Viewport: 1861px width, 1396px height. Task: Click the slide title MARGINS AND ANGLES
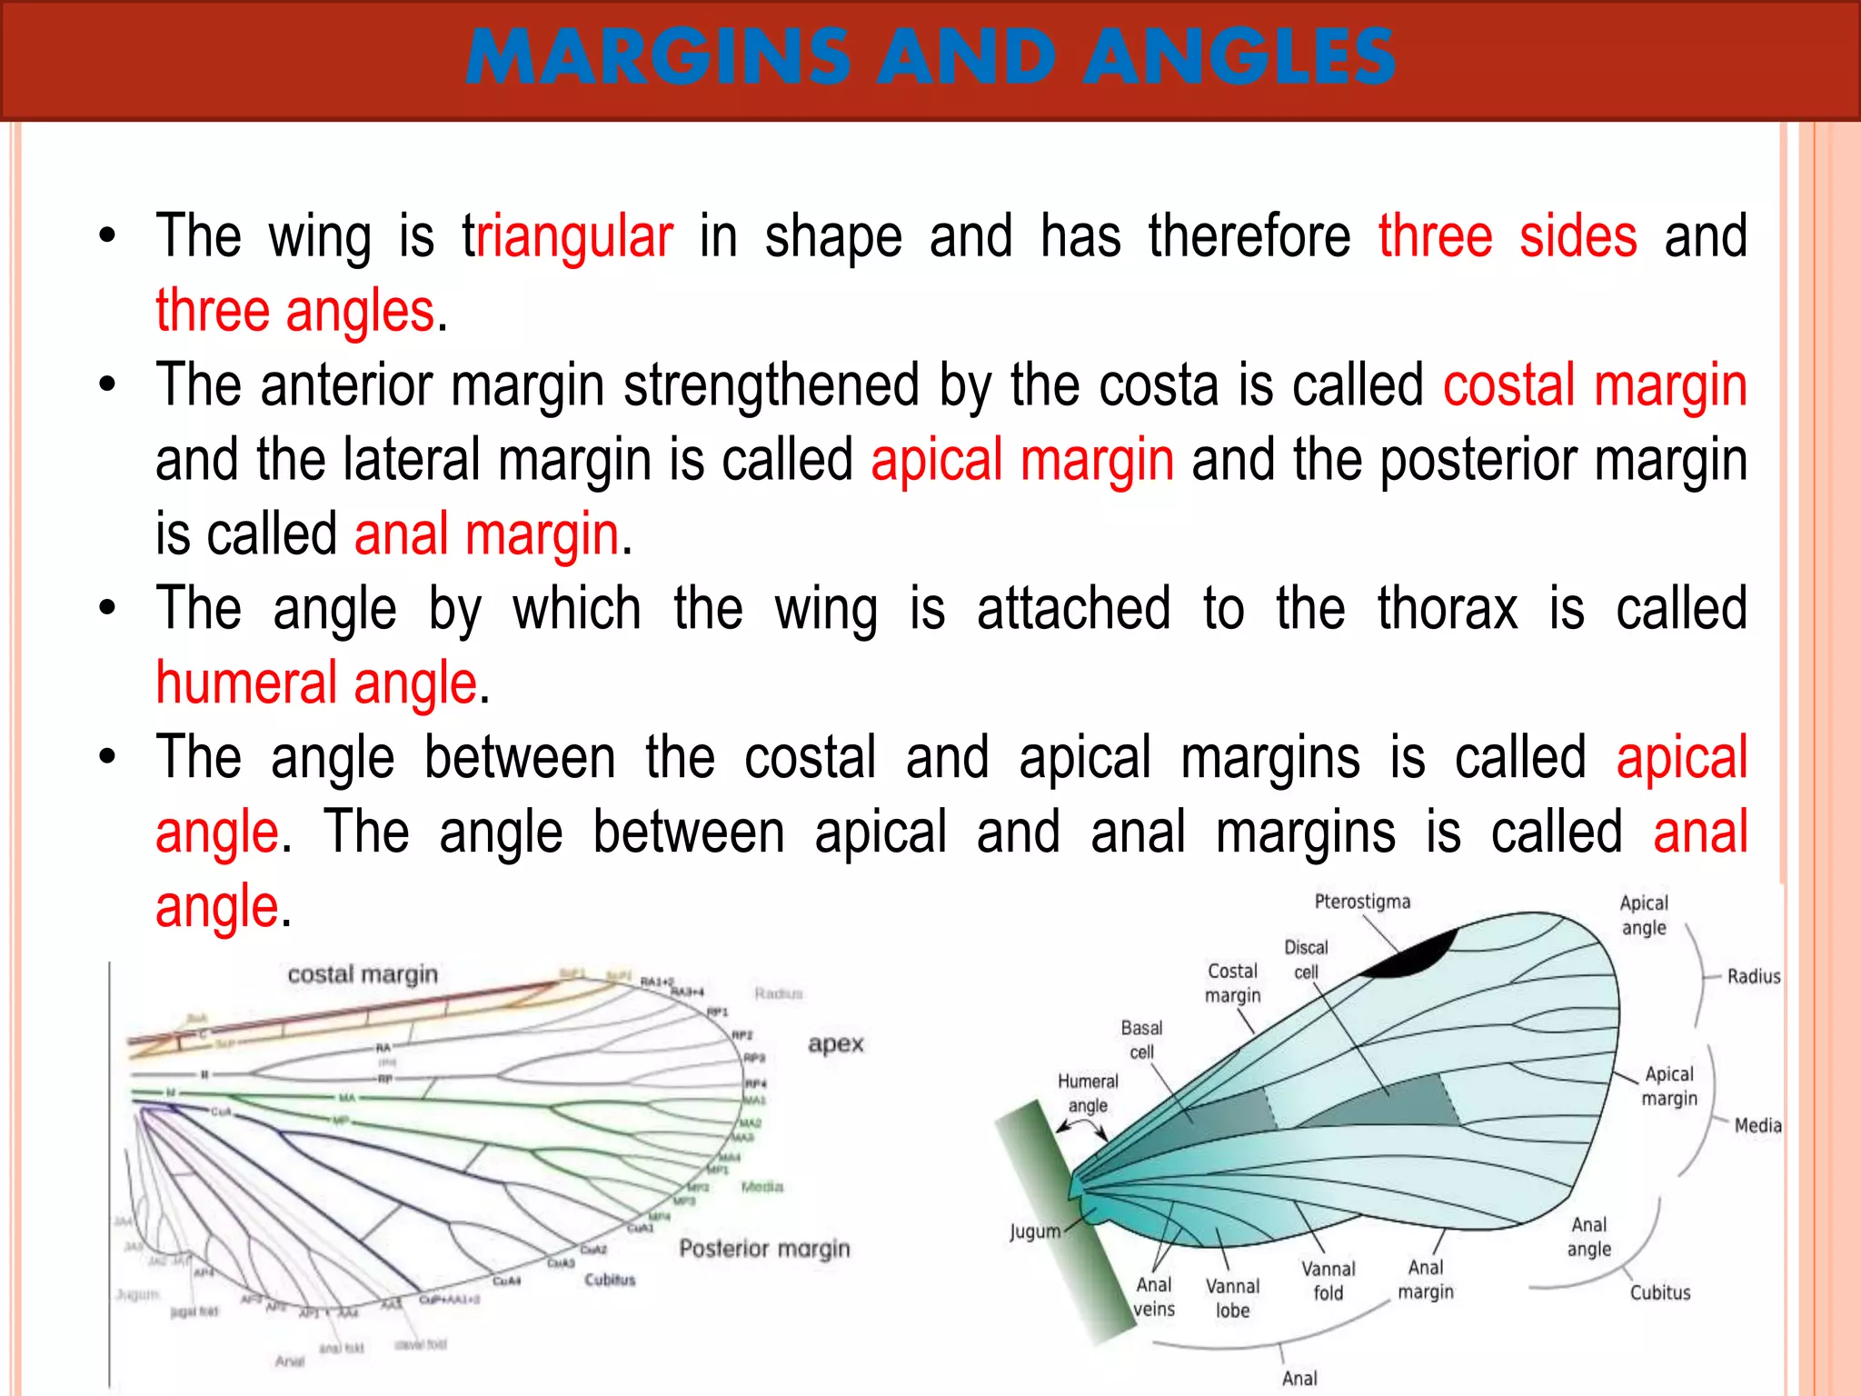tap(930, 56)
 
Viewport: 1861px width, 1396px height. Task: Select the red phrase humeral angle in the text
tap(316, 683)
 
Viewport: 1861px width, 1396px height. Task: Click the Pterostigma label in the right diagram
tap(1362, 902)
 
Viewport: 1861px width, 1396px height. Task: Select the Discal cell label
tap(1306, 960)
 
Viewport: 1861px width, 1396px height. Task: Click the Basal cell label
tap(1141, 1040)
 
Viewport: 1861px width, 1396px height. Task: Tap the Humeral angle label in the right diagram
tap(1088, 1093)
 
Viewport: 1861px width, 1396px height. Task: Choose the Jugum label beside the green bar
tap(1035, 1231)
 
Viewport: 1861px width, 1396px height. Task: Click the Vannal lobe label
tap(1232, 1298)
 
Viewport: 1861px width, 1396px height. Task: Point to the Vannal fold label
tap(1328, 1281)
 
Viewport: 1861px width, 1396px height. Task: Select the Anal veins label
tap(1154, 1297)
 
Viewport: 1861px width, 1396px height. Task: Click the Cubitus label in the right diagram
tap(1659, 1292)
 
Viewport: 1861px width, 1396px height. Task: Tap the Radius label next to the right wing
tap(1753, 976)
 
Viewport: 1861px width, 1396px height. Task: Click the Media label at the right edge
tap(1757, 1125)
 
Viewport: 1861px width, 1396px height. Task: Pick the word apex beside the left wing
tap(835, 1044)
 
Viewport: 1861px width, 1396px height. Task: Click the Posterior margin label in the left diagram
tap(764, 1249)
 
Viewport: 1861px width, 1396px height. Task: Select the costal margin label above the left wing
tap(363, 975)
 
